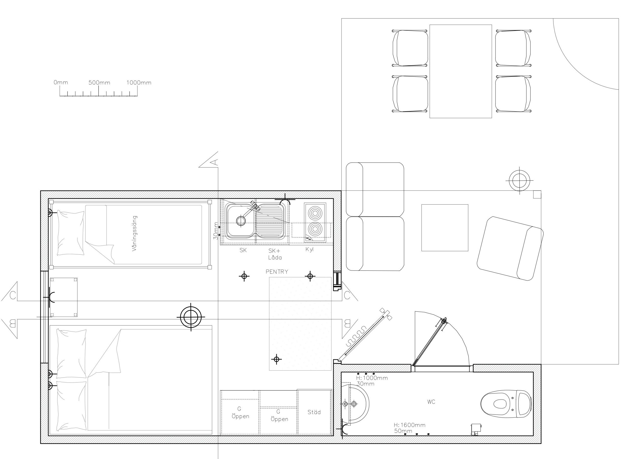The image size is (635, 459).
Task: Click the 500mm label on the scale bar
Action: [x=99, y=83]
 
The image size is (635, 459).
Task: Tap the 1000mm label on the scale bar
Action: [x=139, y=83]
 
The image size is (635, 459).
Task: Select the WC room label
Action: [x=431, y=402]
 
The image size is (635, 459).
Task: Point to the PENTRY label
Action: [x=277, y=271]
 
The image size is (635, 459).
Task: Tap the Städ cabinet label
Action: [x=314, y=412]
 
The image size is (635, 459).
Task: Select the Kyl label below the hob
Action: [x=309, y=249]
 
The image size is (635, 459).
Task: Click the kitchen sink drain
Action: [x=240, y=221]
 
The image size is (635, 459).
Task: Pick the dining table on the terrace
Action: [x=461, y=71]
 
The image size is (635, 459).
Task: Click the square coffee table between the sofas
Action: [x=445, y=228]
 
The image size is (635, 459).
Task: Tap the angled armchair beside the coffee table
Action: [x=510, y=249]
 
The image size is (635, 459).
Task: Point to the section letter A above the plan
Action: [x=215, y=162]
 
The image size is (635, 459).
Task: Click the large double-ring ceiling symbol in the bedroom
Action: [x=191, y=317]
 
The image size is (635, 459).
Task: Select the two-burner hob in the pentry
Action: [x=315, y=222]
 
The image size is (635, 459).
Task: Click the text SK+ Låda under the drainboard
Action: [x=275, y=254]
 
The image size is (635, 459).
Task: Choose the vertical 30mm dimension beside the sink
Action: [x=216, y=231]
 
